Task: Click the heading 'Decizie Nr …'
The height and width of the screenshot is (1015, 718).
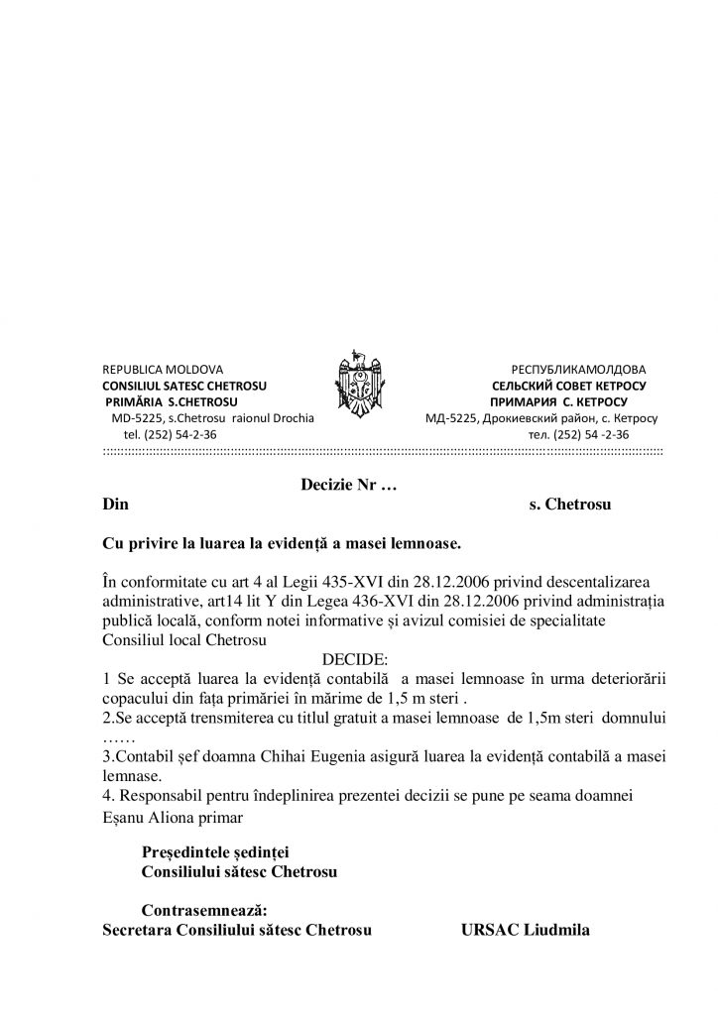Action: click(x=349, y=486)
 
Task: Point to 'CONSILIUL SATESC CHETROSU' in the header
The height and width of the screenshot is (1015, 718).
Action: click(x=184, y=386)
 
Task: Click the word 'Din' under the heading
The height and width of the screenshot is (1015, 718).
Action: click(x=116, y=505)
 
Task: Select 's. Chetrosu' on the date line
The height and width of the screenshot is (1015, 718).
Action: click(x=570, y=505)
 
